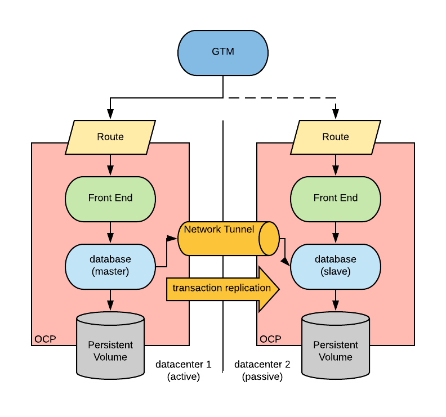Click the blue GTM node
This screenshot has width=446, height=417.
[x=223, y=52]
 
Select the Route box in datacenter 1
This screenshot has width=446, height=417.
[x=110, y=137]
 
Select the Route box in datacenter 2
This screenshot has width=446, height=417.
[x=336, y=137]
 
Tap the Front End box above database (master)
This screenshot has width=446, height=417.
[x=110, y=198]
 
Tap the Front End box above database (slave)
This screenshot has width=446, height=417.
[x=336, y=198]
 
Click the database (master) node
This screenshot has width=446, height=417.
[x=110, y=266]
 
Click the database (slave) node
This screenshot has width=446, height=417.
[x=336, y=266]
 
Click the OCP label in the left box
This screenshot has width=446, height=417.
[x=45, y=339]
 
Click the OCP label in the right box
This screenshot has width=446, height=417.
[x=270, y=339]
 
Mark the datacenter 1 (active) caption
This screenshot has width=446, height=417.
[x=184, y=370]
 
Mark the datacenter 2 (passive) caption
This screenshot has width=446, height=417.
[x=262, y=370]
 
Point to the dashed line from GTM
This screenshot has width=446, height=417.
[x=282, y=98]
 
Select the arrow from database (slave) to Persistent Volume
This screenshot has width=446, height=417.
[x=336, y=301]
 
